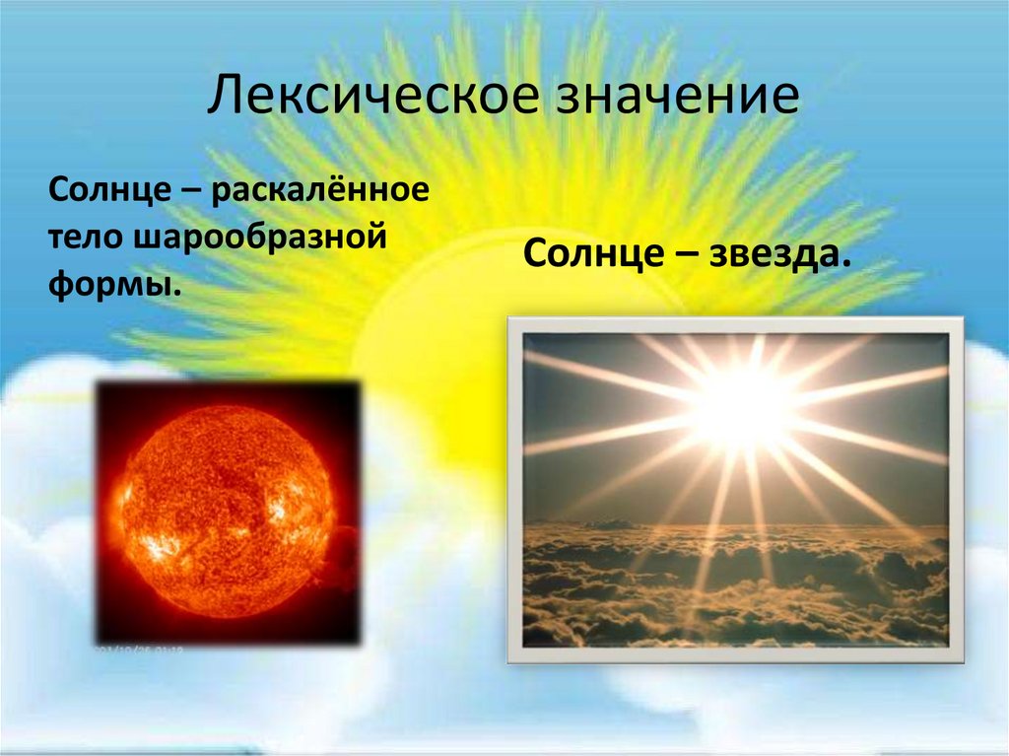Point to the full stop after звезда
(845, 264)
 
